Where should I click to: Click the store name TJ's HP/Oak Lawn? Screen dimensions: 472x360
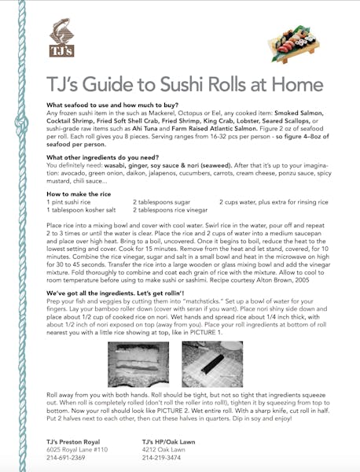coord(172,441)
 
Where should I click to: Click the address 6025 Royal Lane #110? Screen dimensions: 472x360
coord(79,449)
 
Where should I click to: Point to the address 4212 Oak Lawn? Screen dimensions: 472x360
coord(163,449)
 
